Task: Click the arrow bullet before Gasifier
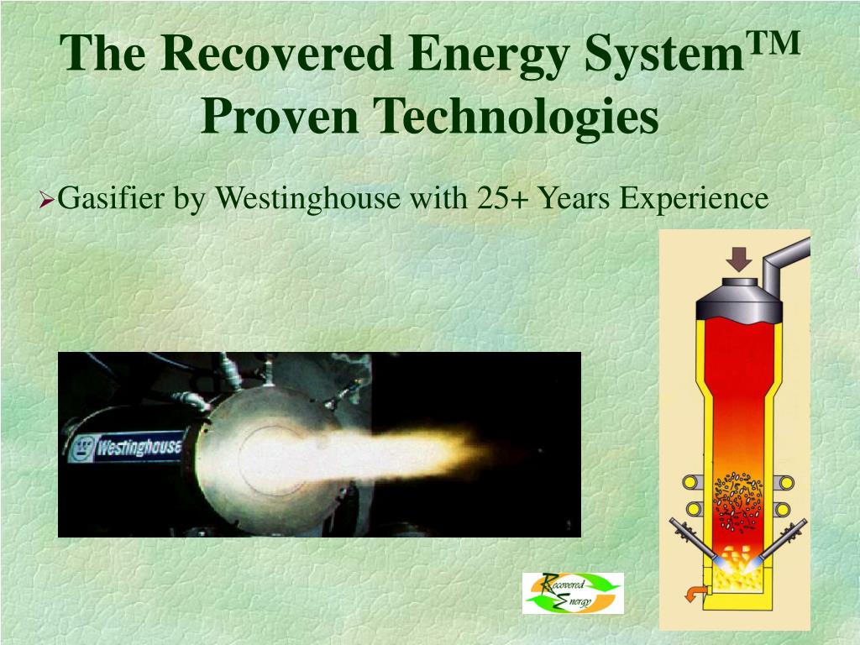48,201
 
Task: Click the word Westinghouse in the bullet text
309,200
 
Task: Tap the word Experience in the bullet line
694,200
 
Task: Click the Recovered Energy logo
573,593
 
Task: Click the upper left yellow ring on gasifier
691,482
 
